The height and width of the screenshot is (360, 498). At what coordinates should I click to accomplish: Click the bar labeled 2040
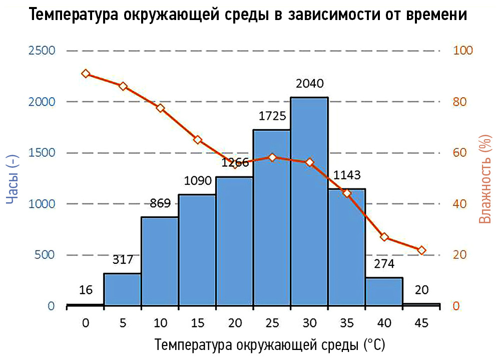tap(309, 200)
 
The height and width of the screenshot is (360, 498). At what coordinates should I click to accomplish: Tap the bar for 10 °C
tap(160, 260)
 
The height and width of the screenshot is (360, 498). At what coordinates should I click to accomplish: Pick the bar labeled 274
tap(384, 291)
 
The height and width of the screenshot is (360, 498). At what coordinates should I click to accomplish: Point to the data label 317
tap(122, 259)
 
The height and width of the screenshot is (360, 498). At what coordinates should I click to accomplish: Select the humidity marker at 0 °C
tap(86, 74)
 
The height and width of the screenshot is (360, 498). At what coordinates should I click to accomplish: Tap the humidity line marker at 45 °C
tap(421, 250)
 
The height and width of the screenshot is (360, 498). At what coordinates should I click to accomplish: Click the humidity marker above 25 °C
tap(272, 157)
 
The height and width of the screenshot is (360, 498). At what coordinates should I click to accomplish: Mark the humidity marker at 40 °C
tap(384, 237)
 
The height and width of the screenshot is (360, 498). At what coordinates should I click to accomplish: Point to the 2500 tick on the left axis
tap(42, 51)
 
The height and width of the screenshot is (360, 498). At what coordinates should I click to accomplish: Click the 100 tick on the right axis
tap(463, 51)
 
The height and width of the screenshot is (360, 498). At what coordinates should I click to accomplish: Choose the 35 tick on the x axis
tap(347, 323)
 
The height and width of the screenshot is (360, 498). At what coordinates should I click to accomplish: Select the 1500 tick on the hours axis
tap(42, 153)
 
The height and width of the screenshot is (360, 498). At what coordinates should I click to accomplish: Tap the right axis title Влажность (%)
tap(483, 179)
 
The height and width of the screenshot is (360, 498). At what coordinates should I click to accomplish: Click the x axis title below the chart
tap(270, 345)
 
